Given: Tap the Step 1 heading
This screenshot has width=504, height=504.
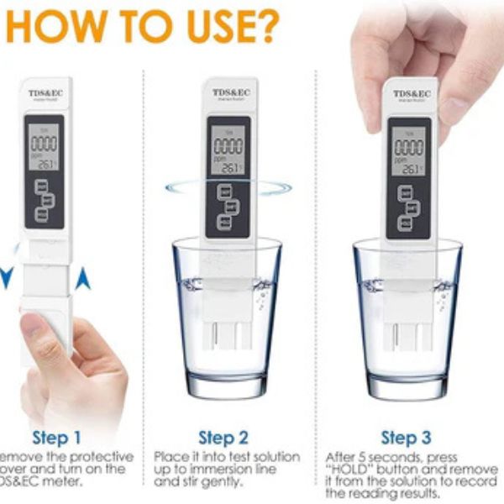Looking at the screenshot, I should pos(57,437).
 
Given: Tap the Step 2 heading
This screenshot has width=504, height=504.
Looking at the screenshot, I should pos(223,437).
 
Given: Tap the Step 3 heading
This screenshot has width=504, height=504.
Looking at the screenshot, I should pos(406,437).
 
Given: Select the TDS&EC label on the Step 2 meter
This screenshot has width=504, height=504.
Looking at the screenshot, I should pos(228,92).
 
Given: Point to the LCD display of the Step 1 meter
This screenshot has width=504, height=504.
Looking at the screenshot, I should pos(43,148).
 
